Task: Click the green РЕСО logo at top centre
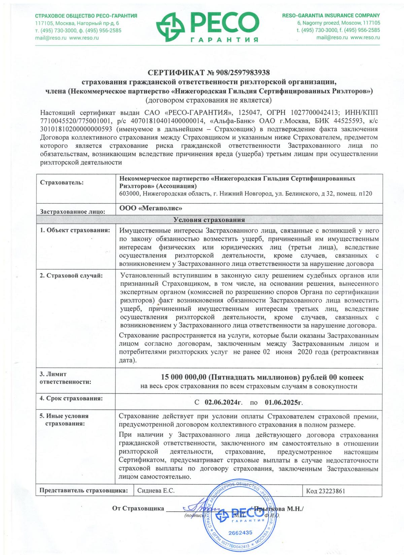tap(207, 26)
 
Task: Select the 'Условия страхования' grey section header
tap(209, 220)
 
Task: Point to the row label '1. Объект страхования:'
tap(75, 230)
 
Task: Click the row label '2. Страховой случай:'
tap(71, 276)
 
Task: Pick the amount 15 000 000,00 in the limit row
tap(184, 378)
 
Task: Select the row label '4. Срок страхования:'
tap(71, 398)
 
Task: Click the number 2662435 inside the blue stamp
tap(240, 532)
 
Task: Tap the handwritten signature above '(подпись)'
tap(199, 508)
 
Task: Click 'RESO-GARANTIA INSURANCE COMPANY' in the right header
tap(331, 15)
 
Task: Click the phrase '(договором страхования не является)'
tap(208, 100)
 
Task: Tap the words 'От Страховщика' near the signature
tap(138, 508)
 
